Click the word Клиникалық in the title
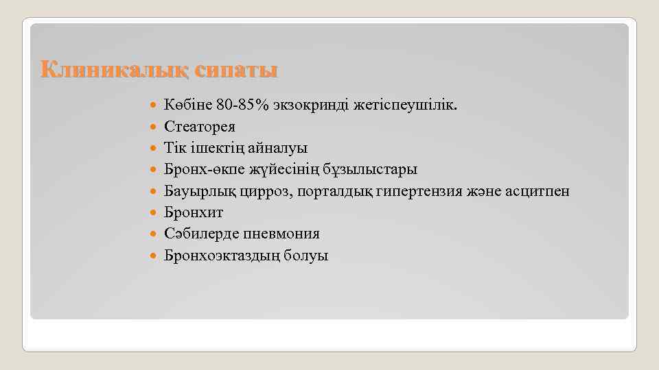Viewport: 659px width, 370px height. click(113, 71)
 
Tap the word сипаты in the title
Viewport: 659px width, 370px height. click(236, 71)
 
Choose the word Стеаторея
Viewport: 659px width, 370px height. click(199, 127)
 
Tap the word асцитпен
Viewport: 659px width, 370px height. click(539, 191)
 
